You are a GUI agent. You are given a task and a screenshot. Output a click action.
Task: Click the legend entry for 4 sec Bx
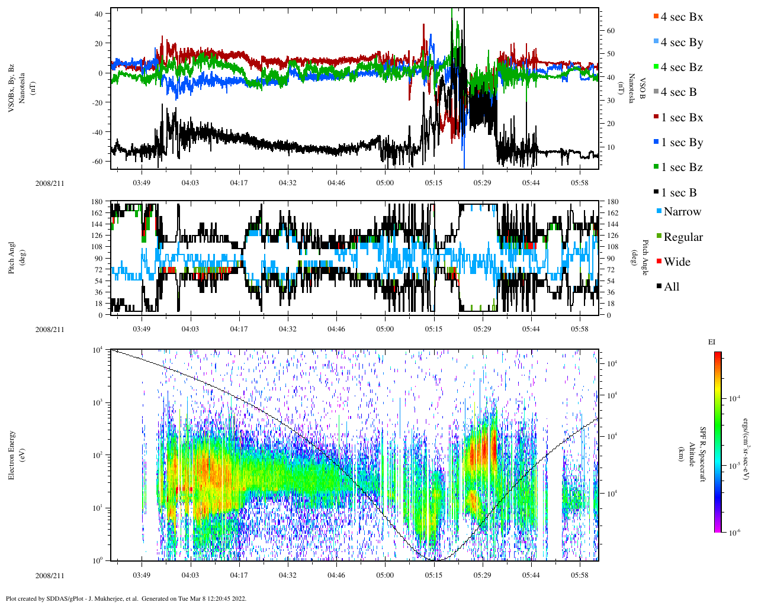[682, 17]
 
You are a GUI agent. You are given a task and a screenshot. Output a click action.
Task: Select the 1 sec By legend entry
[682, 143]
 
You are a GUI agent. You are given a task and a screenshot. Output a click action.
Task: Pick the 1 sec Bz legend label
[682, 167]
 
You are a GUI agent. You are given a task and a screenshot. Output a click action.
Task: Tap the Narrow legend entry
[682, 212]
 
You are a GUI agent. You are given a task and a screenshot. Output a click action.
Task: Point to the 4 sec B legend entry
[679, 92]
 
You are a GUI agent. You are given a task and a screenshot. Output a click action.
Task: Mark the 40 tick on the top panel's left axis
[98, 13]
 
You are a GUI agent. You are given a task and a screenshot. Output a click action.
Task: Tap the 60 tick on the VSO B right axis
[610, 31]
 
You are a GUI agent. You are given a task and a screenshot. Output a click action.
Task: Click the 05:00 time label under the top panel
[385, 183]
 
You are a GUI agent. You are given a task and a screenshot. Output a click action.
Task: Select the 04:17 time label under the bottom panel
[239, 575]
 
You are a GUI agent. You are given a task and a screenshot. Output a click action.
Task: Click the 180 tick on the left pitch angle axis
[97, 202]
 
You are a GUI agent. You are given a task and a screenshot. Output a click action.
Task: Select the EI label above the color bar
[712, 342]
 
